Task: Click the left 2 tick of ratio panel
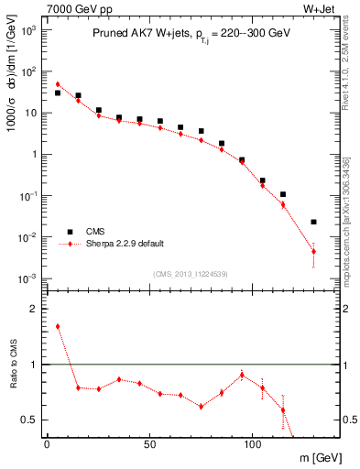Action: click(36, 309)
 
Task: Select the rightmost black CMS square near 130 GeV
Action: click(313, 222)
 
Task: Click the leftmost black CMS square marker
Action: click(57, 93)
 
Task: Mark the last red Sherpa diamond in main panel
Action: click(313, 251)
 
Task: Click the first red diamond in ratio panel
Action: click(57, 326)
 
